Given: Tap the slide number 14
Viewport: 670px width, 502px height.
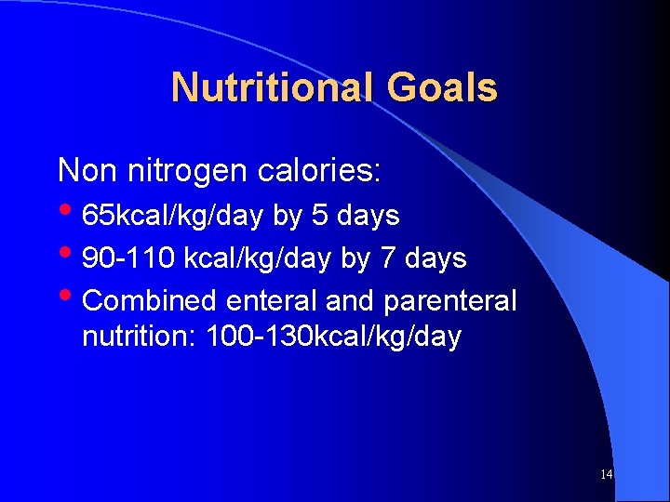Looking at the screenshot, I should (x=606, y=475).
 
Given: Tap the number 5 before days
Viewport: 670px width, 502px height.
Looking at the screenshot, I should (x=319, y=216).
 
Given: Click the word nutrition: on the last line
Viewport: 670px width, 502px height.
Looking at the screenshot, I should (x=140, y=337).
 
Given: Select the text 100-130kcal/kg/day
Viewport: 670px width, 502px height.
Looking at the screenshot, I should (x=333, y=337).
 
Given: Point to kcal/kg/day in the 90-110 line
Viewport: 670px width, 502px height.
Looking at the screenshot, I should (x=257, y=258).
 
